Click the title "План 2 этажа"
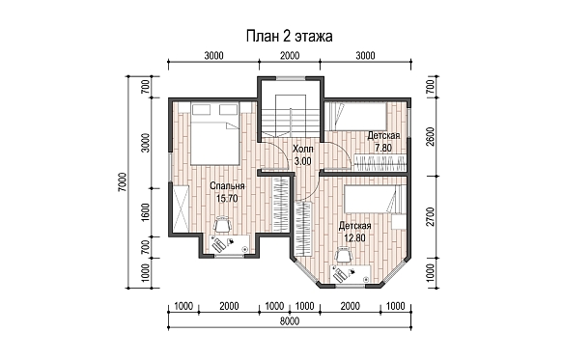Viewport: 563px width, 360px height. click(x=289, y=37)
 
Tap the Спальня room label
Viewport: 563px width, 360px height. click(x=227, y=186)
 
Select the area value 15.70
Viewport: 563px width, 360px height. click(x=227, y=199)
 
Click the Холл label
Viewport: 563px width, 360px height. click(x=302, y=149)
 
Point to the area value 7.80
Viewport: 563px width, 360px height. click(x=383, y=148)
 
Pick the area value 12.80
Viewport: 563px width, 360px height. click(x=354, y=238)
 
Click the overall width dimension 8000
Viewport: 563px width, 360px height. click(x=290, y=321)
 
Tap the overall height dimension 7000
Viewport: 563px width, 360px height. click(x=122, y=181)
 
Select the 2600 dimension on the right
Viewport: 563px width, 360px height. click(x=432, y=137)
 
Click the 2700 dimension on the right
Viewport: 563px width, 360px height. click(x=432, y=216)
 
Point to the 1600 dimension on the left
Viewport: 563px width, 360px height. click(x=145, y=212)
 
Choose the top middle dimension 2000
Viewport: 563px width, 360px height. click(x=290, y=56)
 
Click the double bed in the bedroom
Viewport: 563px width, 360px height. click(x=214, y=133)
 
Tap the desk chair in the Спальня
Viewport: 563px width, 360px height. click(x=223, y=225)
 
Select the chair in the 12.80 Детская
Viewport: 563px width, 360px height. click(x=343, y=256)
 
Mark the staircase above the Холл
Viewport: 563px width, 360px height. click(x=291, y=115)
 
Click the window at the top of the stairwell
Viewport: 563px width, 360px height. click(x=291, y=78)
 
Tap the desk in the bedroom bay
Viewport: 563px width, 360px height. click(x=230, y=244)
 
